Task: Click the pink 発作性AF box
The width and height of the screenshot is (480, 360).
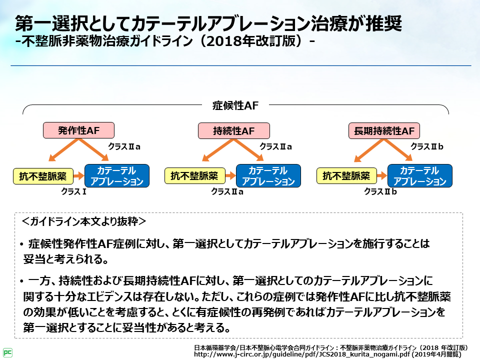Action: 79,130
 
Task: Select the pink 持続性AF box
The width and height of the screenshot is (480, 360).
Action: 234,131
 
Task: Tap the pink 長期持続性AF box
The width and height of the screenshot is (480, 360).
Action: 384,131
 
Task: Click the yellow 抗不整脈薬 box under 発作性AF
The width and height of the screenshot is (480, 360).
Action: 42,176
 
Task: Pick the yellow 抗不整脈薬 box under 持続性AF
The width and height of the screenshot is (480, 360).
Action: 194,176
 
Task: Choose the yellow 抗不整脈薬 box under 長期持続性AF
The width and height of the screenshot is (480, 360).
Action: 346,176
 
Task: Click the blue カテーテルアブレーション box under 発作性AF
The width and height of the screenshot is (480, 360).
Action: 117,176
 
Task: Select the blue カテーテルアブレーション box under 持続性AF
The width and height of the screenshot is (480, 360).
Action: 268,176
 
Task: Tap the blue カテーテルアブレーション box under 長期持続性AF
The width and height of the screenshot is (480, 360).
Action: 420,176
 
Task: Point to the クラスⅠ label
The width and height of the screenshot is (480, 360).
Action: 74,191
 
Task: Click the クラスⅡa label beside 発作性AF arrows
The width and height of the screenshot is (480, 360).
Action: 124,147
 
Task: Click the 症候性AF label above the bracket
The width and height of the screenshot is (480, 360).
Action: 235,105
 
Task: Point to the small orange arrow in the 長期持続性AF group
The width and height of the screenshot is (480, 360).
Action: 381,176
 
